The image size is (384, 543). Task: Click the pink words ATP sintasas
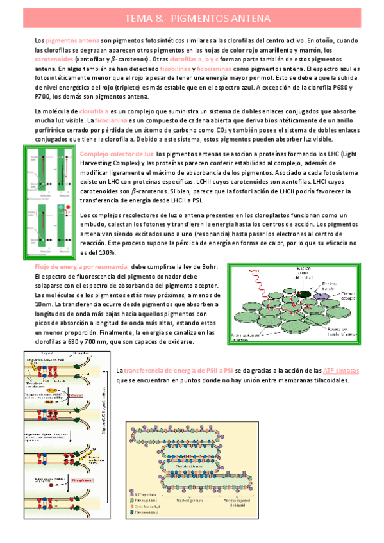[341, 370]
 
